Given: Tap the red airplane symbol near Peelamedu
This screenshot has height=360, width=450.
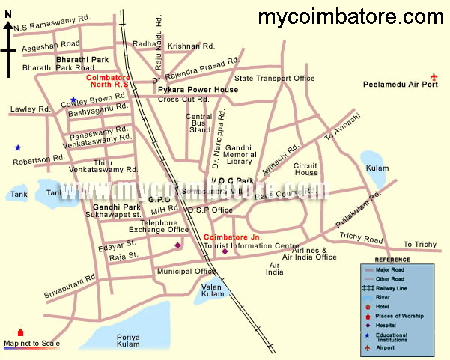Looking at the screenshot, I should (435, 75).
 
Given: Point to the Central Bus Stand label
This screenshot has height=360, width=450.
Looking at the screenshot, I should (199, 123).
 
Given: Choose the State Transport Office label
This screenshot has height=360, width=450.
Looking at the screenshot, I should (275, 78).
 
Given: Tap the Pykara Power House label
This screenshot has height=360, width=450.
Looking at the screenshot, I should (198, 90).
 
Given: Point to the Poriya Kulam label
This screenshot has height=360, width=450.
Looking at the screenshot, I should (128, 341).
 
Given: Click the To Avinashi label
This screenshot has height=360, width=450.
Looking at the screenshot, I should (341, 127).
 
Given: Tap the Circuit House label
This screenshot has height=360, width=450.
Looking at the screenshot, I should (306, 168).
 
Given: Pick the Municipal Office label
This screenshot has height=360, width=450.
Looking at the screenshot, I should (186, 272).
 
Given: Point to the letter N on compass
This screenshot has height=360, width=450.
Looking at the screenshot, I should (7, 25).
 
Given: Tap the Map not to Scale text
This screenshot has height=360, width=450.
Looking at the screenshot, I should (31, 344).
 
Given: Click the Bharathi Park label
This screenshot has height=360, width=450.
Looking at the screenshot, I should (82, 58).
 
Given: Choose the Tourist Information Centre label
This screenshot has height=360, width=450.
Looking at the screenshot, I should (251, 246).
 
